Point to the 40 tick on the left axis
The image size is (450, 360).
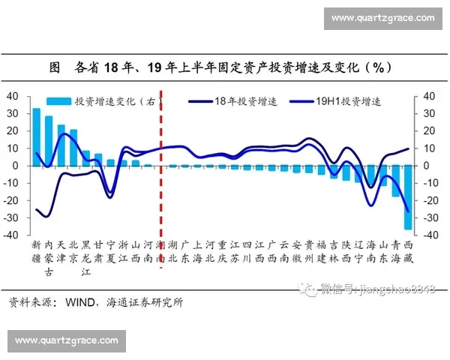pyautogui.click(x=13, y=96)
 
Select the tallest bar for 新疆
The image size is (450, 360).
pyautogui.click(x=36, y=136)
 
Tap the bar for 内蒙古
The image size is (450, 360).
pyautogui.click(x=49, y=140)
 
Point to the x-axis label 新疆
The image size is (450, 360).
pyautogui.click(x=36, y=250)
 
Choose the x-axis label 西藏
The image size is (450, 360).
pyautogui.click(x=408, y=250)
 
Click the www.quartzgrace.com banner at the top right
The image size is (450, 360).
pyautogui.click(x=382, y=17)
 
